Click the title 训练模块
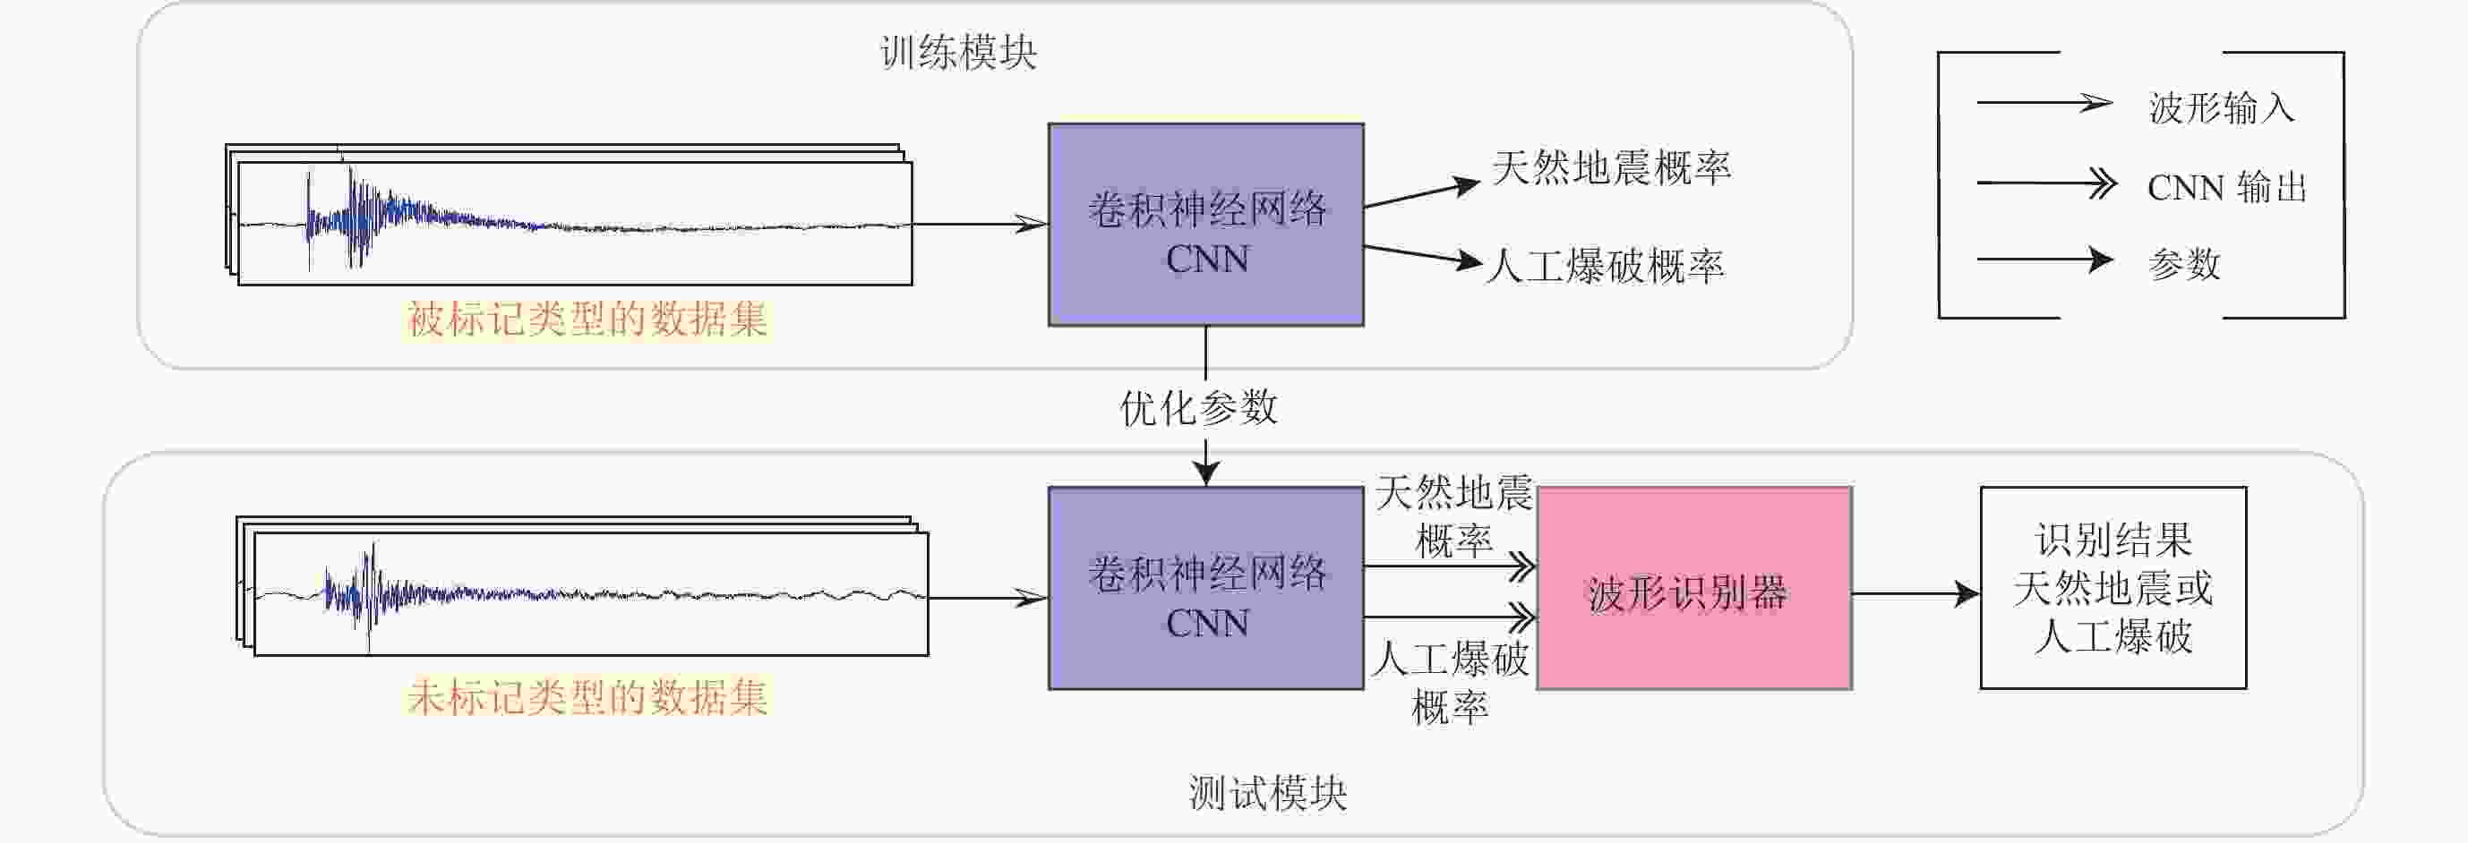tap(958, 53)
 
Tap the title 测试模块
tap(1267, 793)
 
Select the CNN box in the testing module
tap(1205, 588)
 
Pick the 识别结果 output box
tap(2112, 588)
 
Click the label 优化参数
tap(1198, 408)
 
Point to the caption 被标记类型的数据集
tap(587, 319)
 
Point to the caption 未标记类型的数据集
tap(587, 696)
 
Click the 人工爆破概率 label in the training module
tap(1605, 267)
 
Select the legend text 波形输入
tap(2221, 107)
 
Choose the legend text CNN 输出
tap(2226, 187)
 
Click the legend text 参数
tap(2183, 263)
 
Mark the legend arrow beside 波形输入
tap(2043, 104)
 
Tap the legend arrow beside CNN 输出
tap(2044, 182)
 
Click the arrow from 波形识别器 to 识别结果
tap(1915, 594)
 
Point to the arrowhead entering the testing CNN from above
tap(1205, 473)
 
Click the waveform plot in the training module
tap(575, 224)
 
